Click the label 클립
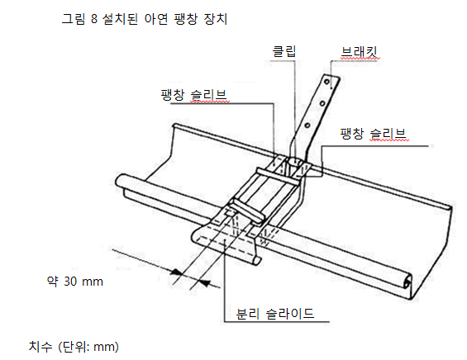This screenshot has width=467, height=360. point(284,51)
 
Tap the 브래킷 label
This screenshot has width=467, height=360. point(360,52)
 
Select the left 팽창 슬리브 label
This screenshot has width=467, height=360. point(194,95)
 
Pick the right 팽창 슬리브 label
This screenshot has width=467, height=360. point(373,134)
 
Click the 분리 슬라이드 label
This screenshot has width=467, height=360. point(275,314)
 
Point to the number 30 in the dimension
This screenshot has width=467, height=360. point(70,282)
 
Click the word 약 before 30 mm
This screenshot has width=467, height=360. point(53,282)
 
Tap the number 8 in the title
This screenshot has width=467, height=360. point(94,19)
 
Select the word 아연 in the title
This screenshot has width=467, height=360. point(156,19)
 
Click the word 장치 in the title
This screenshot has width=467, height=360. point(216,19)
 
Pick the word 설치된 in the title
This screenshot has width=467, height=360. point(120,19)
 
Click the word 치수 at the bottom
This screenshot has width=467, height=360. point(41,347)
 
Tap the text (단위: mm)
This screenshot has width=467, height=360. point(88,347)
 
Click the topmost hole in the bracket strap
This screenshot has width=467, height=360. point(327,82)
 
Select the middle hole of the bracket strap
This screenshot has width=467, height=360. point(322,103)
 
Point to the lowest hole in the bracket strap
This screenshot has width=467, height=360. point(307,126)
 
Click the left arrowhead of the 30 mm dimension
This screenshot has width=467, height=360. point(176,272)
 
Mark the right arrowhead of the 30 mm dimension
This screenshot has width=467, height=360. point(205,282)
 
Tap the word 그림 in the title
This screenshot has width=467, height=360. point(74,19)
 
